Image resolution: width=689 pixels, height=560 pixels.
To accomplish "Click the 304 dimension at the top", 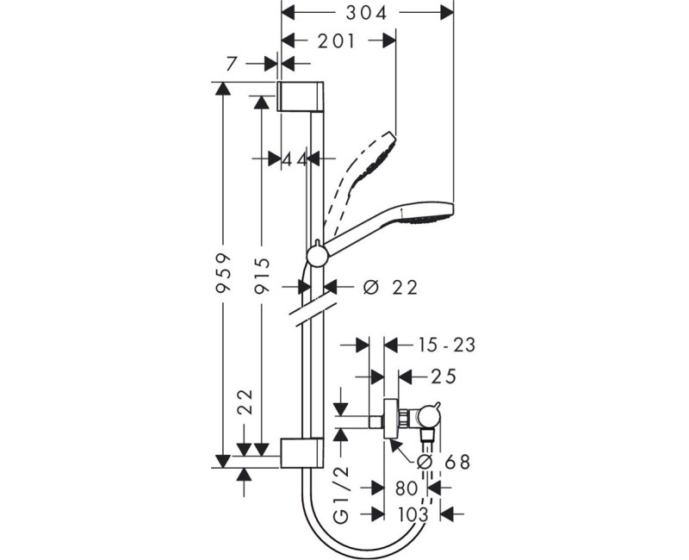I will tap(368, 13).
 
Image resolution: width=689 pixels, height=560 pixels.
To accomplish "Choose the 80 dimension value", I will tap(406, 488).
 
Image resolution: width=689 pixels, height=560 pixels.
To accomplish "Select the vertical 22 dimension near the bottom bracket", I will tap(247, 401).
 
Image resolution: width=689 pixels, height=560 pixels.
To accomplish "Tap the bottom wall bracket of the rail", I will tap(301, 453).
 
